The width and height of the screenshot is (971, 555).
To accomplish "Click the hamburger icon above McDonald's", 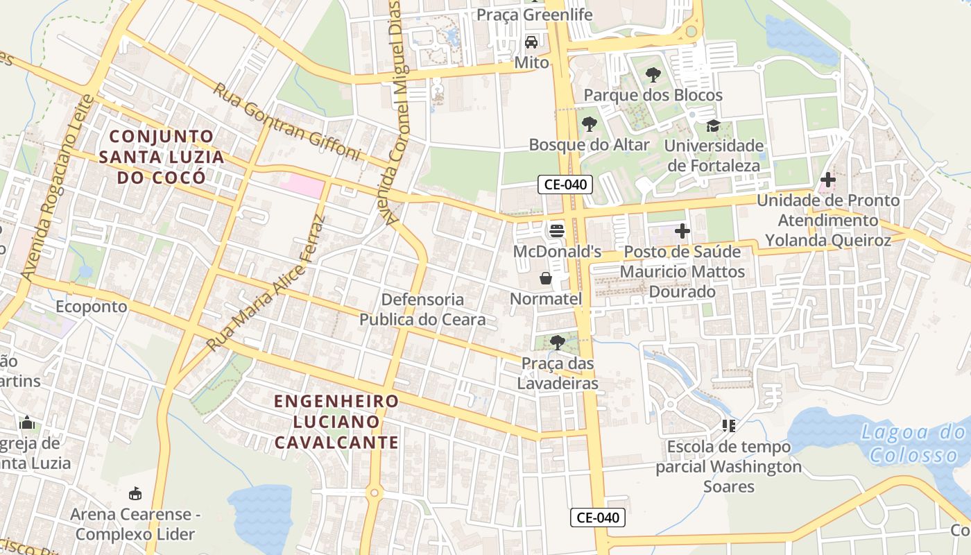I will tap(557, 230).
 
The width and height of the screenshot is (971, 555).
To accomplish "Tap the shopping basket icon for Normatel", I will tap(546, 278).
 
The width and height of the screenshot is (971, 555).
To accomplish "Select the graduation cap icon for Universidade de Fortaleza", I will tap(713, 126).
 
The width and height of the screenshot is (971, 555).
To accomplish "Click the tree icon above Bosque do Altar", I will tap(589, 124).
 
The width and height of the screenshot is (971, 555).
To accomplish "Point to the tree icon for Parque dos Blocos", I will tap(653, 74).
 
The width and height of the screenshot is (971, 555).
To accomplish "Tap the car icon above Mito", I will tap(531, 42).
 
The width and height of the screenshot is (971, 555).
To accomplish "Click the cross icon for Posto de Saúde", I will tap(682, 231).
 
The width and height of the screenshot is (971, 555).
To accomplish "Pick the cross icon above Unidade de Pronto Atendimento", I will tap(827, 180).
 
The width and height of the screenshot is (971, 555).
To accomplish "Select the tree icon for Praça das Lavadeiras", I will tap(557, 342).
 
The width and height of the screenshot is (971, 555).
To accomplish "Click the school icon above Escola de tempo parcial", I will tap(728, 425).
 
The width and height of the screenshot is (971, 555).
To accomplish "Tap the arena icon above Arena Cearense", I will tap(135, 494).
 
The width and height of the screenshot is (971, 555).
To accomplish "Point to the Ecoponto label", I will tap(92, 307).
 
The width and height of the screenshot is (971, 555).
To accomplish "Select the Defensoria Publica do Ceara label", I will tap(422, 309).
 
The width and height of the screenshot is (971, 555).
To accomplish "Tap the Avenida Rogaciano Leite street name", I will tap(57, 188).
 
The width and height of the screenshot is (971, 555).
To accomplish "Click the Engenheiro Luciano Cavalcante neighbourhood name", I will tap(336, 421).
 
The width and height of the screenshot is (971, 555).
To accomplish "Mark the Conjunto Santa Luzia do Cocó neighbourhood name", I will tap(161, 156).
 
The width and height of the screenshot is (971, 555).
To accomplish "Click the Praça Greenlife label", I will tap(533, 15).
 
